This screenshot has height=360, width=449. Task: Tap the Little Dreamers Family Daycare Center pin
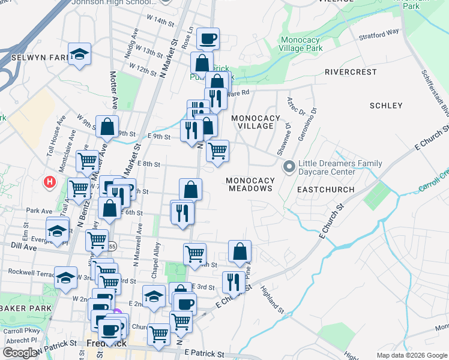[x=289, y=166]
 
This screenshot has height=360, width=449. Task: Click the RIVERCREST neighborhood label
[x=351, y=72]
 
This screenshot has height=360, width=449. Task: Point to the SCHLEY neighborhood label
[x=386, y=106]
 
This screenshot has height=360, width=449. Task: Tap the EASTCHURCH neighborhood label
[x=325, y=190]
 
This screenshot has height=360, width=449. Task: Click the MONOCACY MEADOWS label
[x=250, y=184]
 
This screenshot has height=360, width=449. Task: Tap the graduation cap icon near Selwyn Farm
[x=79, y=55]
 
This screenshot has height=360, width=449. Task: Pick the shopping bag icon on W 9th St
[x=107, y=127]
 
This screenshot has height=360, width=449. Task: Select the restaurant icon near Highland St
[x=234, y=281]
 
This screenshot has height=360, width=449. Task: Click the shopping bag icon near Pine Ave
[x=240, y=251]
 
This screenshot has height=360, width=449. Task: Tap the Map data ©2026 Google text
[x=411, y=355]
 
